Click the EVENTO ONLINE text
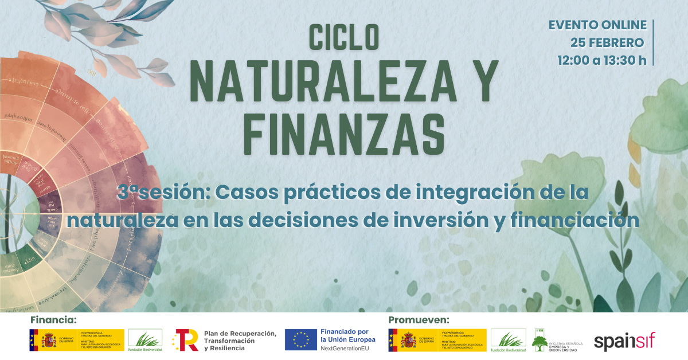click(x=597, y=25)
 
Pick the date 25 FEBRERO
click(x=607, y=42)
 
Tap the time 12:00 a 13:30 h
click(x=602, y=60)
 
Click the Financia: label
click(x=53, y=319)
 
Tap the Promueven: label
click(x=419, y=319)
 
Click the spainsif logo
click(x=624, y=341)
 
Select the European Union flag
click(x=301, y=340)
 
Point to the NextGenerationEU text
click(x=348, y=348)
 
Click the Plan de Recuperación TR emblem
click(x=186, y=340)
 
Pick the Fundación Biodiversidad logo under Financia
click(x=145, y=340)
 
